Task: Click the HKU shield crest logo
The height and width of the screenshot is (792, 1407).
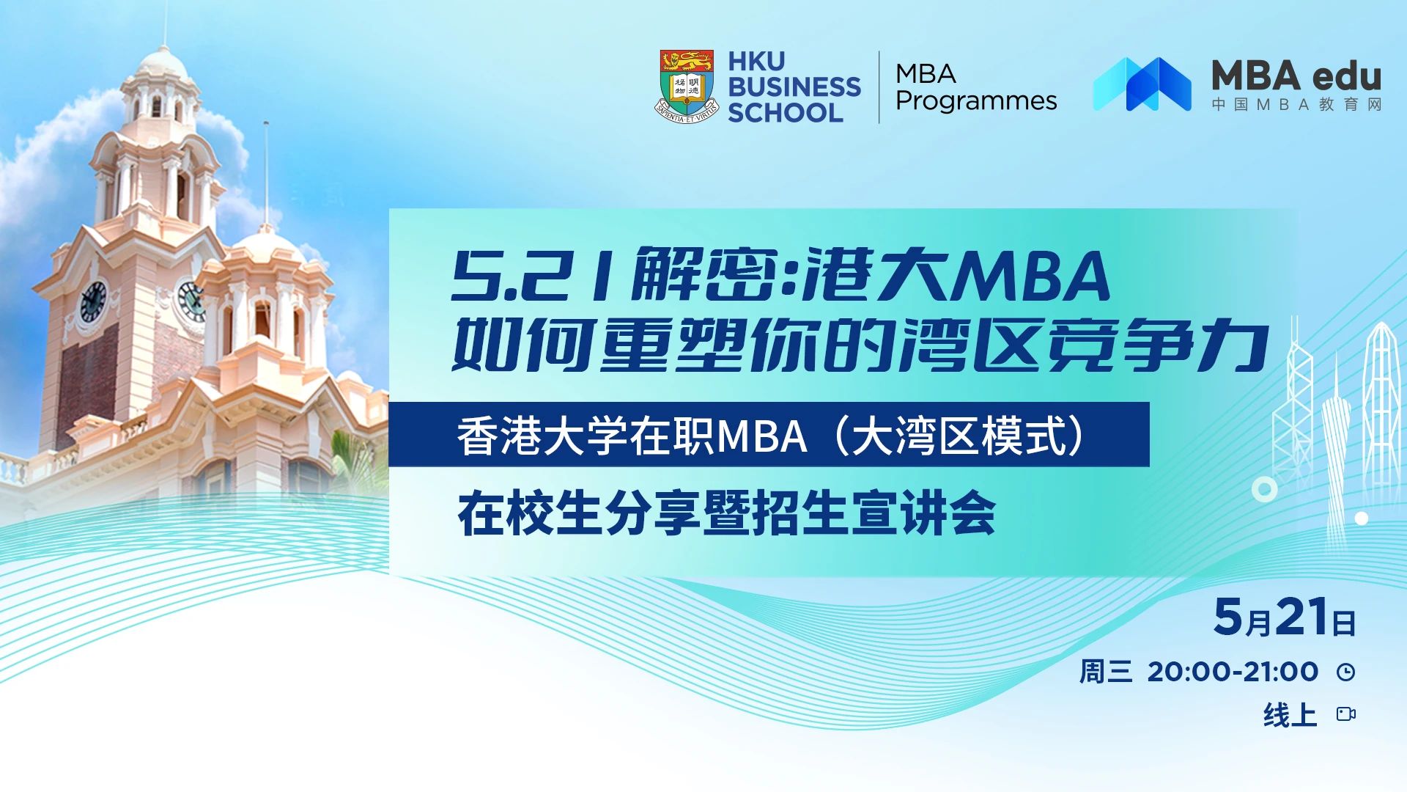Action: pyautogui.click(x=686, y=87)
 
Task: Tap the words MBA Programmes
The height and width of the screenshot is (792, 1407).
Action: pyautogui.click(x=975, y=87)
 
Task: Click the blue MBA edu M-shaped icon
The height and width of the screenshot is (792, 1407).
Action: pyautogui.click(x=1142, y=84)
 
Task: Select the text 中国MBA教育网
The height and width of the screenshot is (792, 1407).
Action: pyautogui.click(x=1296, y=104)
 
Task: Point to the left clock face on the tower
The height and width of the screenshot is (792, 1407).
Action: pyautogui.click(x=93, y=301)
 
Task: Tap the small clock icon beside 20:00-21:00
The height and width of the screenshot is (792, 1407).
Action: pyautogui.click(x=1345, y=672)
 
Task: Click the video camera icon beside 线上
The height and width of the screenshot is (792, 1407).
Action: pyautogui.click(x=1345, y=714)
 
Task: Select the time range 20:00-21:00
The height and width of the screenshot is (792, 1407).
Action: pyautogui.click(x=1233, y=672)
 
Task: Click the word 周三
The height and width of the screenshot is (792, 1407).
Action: pyautogui.click(x=1105, y=672)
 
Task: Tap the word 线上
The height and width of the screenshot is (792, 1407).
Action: pyautogui.click(x=1290, y=714)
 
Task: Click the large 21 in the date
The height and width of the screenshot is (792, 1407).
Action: pyautogui.click(x=1301, y=617)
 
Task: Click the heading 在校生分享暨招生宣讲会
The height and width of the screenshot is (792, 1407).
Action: pyautogui.click(x=726, y=514)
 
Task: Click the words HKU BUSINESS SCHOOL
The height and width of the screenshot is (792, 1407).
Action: pyautogui.click(x=794, y=87)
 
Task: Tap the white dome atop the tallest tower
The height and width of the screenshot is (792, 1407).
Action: pyautogui.click(x=162, y=62)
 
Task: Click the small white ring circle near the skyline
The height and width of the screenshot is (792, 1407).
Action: pyautogui.click(x=1264, y=489)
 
